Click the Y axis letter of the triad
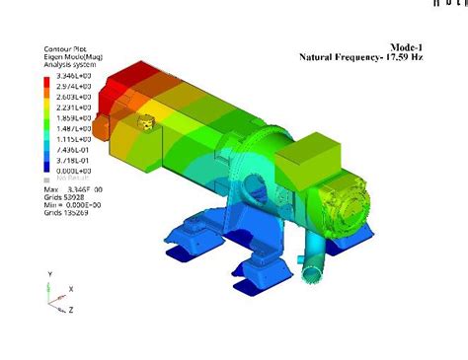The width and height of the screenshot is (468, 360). [x=48, y=273]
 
